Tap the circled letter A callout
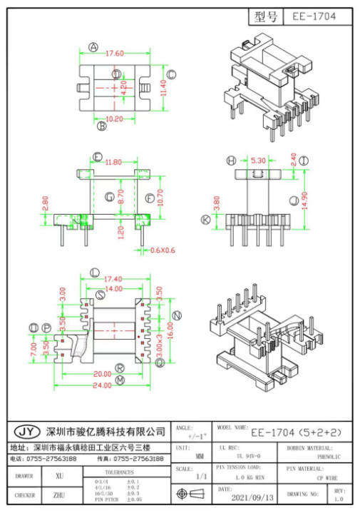[93, 47]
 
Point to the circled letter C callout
[171, 74]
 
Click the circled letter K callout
[205, 220]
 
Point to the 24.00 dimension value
[103, 385]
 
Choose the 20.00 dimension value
[103, 373]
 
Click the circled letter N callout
[178, 315]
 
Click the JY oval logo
[27, 432]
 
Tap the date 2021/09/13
[252, 497]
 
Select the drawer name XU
[59, 475]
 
